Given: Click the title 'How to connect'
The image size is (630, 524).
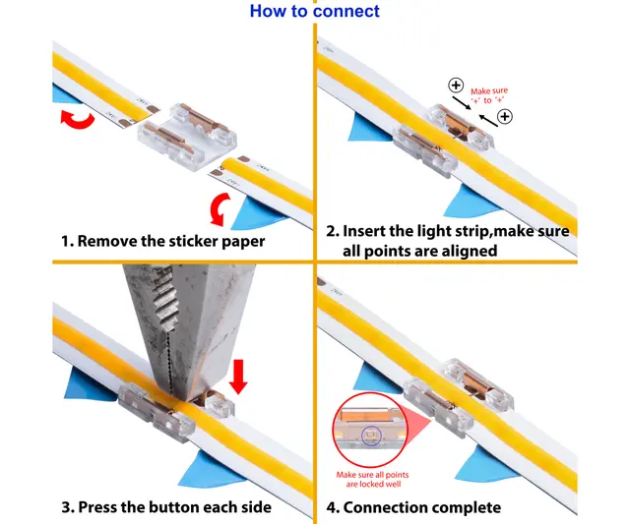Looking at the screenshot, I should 314,12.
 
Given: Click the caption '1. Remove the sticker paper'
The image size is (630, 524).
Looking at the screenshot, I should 161,240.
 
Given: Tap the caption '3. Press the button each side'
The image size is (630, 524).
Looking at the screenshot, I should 168,507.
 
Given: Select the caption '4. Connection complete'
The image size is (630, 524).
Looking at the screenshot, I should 413,507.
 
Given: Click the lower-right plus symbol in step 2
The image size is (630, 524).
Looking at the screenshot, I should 505,117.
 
